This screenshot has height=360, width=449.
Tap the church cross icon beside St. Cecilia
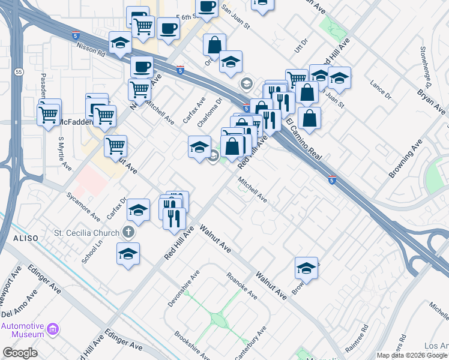point(127,232)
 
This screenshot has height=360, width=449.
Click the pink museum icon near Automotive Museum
point(53,329)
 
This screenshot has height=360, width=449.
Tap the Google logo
point(20,353)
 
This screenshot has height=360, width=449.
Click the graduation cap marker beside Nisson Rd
point(120,43)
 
